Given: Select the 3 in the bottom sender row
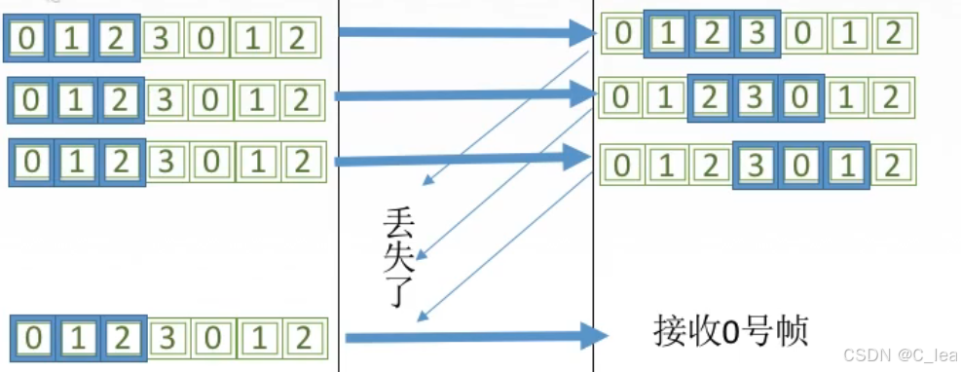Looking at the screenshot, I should click(166, 338).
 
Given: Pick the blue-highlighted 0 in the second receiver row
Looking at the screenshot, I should click(800, 97).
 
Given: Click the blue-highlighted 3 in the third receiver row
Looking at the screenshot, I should click(756, 162).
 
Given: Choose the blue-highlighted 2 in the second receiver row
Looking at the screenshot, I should click(711, 97).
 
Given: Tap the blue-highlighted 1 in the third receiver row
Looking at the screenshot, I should click(844, 162).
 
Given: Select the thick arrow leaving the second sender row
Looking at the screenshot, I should click(462, 95).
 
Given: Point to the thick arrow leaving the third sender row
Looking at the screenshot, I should click(462, 156).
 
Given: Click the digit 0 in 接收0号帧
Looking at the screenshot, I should click(723, 331).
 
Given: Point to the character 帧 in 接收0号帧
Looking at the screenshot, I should click(791, 331).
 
